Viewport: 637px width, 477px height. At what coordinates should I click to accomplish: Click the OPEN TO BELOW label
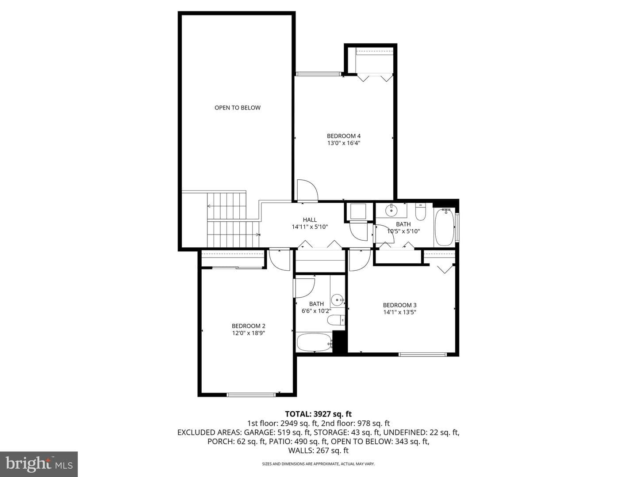238,108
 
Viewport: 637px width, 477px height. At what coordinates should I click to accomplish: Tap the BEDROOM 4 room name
344,136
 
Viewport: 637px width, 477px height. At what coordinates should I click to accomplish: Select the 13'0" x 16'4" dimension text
344,143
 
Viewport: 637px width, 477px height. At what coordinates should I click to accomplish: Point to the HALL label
310,220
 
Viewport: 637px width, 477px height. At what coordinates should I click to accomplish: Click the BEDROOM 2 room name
249,326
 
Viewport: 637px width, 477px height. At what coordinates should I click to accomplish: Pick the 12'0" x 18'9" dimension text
249,333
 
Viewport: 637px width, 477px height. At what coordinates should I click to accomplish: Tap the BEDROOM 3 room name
399,305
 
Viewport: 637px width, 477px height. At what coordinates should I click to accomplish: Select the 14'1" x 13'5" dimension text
399,312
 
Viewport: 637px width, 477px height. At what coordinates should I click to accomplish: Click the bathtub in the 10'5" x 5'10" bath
444,227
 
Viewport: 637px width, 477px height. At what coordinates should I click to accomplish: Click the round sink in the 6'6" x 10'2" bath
338,300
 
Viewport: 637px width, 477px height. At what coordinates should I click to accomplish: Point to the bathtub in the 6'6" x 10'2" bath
314,342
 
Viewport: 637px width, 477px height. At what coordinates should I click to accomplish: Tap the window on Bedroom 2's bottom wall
251,394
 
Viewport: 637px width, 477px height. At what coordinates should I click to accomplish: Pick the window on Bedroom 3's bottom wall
422,354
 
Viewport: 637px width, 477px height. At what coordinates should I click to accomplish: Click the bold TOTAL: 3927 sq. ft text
318,414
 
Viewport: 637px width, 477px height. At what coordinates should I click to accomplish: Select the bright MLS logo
39,464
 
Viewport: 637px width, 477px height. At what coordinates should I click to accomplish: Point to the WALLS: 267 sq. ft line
318,450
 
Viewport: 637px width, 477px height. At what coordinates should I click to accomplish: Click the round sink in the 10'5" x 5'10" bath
391,211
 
